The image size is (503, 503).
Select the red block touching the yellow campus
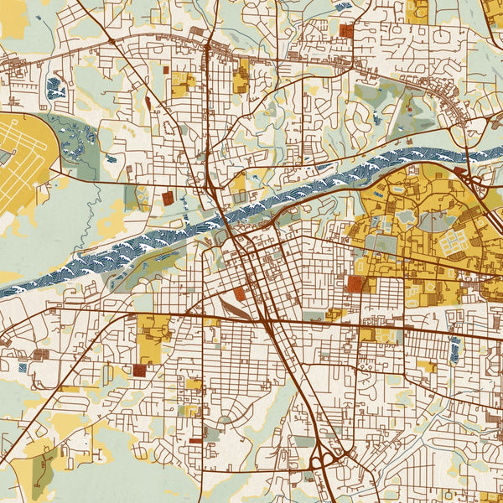(355, 283)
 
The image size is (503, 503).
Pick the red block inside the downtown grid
(241, 293)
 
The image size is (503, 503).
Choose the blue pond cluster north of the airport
(56, 87)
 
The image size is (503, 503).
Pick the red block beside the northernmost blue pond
(346, 30)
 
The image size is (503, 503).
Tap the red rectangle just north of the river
(167, 198)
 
